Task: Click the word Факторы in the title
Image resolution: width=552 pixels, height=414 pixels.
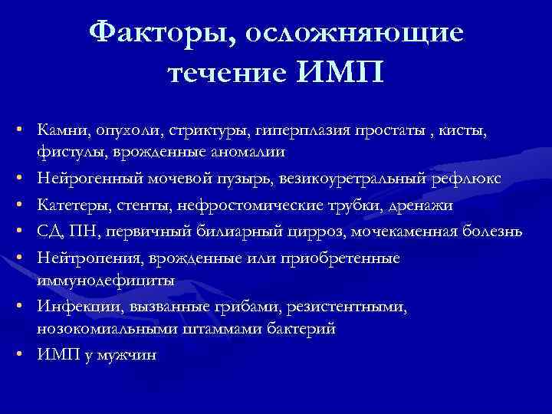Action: (x=153, y=32)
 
